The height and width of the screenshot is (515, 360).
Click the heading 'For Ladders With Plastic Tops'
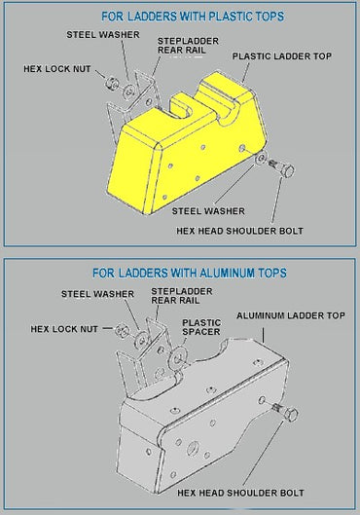193,17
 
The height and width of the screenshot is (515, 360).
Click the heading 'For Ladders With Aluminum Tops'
190,273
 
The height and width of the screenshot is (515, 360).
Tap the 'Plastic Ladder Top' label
282,56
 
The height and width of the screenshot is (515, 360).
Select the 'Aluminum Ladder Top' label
291,315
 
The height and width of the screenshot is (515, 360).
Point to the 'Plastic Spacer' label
201,327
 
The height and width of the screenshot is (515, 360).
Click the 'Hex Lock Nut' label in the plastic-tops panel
57,69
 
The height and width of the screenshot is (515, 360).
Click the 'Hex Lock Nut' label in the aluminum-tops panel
64,329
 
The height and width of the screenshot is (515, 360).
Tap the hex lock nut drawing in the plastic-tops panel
111,83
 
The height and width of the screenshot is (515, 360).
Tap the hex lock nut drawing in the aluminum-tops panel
122,330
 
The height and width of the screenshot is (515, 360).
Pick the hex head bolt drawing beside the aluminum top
285,413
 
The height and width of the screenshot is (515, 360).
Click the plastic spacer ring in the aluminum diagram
177,358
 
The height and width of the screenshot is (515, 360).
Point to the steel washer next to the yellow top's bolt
261,159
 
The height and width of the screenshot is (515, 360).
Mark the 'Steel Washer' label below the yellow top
208,211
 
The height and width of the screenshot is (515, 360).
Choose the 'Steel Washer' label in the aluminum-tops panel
98,294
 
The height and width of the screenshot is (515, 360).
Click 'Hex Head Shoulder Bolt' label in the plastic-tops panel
239,231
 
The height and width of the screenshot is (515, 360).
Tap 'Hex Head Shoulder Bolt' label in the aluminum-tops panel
240,493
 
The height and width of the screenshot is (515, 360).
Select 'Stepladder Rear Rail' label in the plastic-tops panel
188,46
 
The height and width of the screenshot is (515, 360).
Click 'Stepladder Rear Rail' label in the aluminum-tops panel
182,296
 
